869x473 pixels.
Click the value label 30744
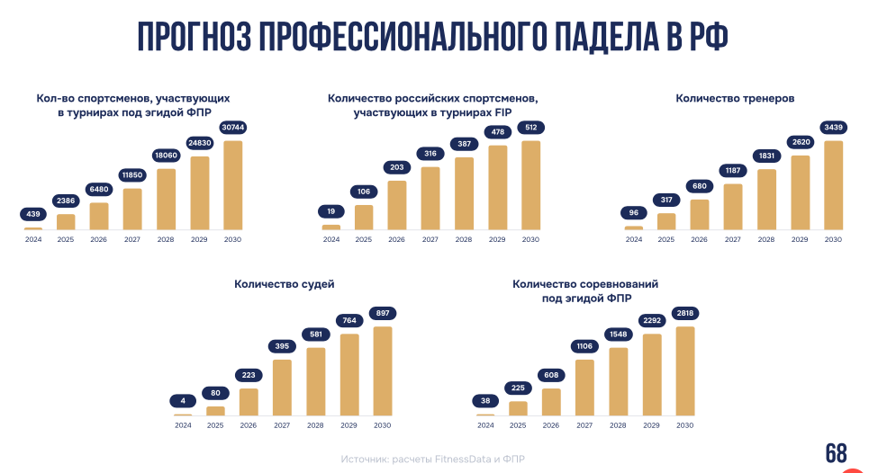(x=233, y=128)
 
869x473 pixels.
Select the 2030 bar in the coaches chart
(x=833, y=184)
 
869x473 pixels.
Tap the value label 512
(x=530, y=128)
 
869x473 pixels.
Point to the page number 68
(x=837, y=452)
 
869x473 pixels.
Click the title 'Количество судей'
(x=285, y=284)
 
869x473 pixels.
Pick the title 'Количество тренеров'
(x=735, y=98)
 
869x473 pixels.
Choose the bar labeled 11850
(x=132, y=209)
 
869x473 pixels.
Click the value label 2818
(x=684, y=313)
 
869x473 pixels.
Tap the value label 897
(x=382, y=313)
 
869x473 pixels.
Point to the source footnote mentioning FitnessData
(x=432, y=459)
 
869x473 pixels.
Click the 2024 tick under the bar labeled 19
(x=331, y=239)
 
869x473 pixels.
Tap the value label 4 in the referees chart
(x=183, y=401)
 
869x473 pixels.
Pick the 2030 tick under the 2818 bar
(x=684, y=424)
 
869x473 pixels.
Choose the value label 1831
(x=766, y=156)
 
